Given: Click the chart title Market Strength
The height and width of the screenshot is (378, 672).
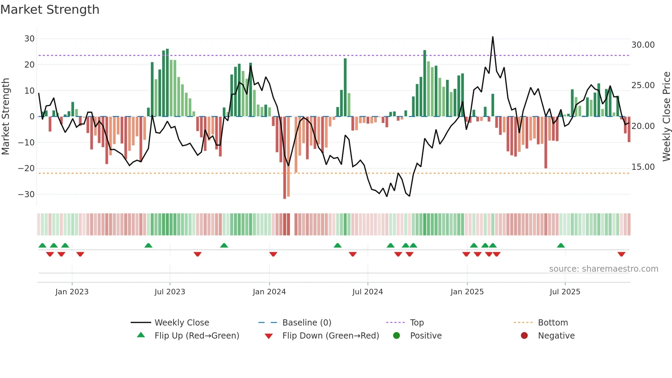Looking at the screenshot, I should pyautogui.click(x=50, y=10).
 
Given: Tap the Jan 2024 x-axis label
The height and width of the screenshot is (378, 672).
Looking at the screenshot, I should pyautogui.click(x=269, y=292).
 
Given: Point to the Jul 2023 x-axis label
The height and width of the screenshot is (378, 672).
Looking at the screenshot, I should pyautogui.click(x=170, y=292).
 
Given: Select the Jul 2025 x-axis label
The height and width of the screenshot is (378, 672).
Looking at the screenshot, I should pyautogui.click(x=565, y=292).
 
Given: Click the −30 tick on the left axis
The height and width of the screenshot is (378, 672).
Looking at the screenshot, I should pyautogui.click(x=26, y=194).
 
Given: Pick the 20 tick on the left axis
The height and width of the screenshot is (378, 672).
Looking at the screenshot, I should pyautogui.click(x=29, y=65).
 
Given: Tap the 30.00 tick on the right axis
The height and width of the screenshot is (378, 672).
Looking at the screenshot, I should pyautogui.click(x=643, y=45).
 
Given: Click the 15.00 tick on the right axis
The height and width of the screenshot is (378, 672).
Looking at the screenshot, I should pyautogui.click(x=643, y=167).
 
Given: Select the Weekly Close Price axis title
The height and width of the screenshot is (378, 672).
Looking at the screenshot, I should pyautogui.click(x=666, y=117).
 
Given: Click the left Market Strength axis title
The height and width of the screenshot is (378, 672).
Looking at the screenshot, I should pyautogui.click(x=5, y=117).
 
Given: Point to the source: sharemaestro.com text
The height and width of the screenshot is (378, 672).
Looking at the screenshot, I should pyautogui.click(x=603, y=269).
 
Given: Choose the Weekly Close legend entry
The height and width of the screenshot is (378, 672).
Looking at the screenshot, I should pyautogui.click(x=181, y=323).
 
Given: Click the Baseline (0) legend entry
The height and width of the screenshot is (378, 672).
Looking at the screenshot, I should pyautogui.click(x=307, y=323).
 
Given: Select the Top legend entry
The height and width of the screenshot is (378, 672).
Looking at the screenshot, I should pyautogui.click(x=417, y=323).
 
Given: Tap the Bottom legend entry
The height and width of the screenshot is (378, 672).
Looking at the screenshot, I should pyautogui.click(x=553, y=323).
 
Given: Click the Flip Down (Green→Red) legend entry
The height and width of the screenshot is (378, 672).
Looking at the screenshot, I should pyautogui.click(x=331, y=336).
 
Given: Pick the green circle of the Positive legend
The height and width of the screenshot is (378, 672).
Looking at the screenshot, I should pyautogui.click(x=396, y=336).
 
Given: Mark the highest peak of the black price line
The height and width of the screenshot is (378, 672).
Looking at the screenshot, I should pyautogui.click(x=493, y=37).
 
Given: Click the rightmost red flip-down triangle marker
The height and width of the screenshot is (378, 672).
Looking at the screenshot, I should pyautogui.click(x=621, y=254).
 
